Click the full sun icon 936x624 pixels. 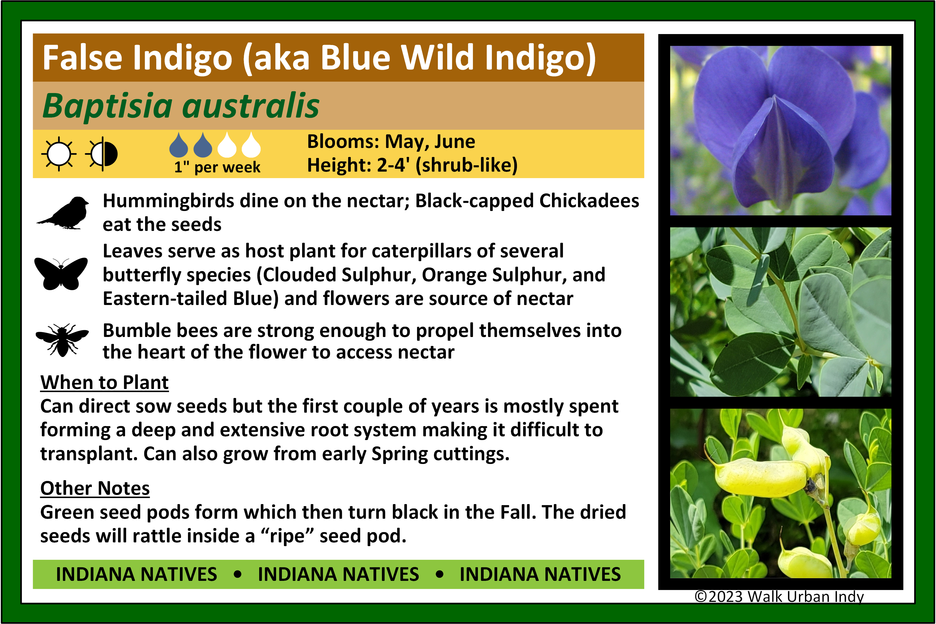(59, 154)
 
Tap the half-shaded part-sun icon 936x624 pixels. (102, 154)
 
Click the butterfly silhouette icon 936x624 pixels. (61, 274)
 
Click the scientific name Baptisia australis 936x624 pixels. (181, 106)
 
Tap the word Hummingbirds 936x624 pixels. (168, 201)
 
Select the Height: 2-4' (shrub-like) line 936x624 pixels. (412, 165)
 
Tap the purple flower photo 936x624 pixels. (781, 131)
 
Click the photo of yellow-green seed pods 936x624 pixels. (781, 493)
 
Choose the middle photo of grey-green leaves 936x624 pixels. (781, 312)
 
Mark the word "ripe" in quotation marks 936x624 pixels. (287, 536)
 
